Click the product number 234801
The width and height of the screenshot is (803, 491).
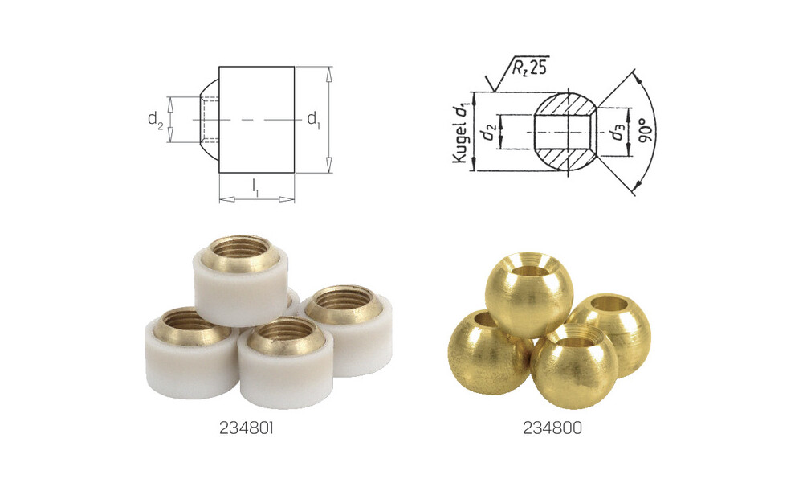coord(247,428)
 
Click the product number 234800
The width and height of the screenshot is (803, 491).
coord(552,428)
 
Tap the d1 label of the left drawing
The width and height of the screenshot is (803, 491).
coord(313,120)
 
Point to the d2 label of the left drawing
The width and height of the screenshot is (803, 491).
coord(155,120)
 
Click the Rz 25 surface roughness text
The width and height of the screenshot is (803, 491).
coord(528,68)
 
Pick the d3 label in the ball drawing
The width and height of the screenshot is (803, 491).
coord(617,132)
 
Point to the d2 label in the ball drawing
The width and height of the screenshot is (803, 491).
coord(487,133)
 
